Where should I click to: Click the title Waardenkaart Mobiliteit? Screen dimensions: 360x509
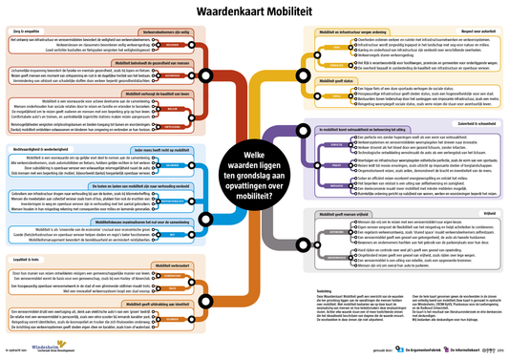click(x=254, y=13)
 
